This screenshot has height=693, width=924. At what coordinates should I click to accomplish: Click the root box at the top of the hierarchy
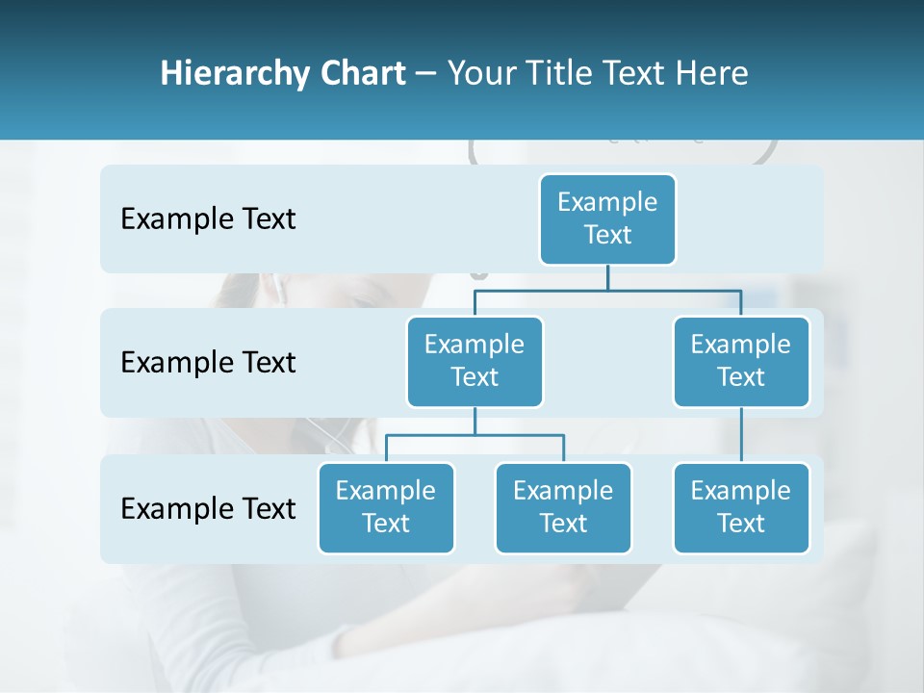coord(607,219)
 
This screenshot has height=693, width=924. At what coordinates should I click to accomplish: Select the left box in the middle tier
coord(475,362)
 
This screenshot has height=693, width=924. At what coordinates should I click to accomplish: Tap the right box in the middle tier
coord(741,362)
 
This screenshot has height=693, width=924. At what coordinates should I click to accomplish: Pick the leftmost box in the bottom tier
coord(386,508)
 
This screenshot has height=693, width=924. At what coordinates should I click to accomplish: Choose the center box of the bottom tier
coord(563,508)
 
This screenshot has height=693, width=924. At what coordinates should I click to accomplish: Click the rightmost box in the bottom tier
coord(741,508)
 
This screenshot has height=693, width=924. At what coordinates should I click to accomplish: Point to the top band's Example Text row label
coord(208,219)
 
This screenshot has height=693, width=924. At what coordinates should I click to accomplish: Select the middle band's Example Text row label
coord(208,363)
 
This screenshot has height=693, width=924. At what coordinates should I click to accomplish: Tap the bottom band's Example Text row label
coord(208,508)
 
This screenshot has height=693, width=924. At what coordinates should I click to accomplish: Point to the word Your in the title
coord(480,73)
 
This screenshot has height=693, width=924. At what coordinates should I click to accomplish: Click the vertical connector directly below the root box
coord(607,277)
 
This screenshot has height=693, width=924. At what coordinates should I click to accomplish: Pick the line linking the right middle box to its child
coord(741,435)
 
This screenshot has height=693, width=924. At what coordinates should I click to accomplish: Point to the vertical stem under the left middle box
coord(475,421)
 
